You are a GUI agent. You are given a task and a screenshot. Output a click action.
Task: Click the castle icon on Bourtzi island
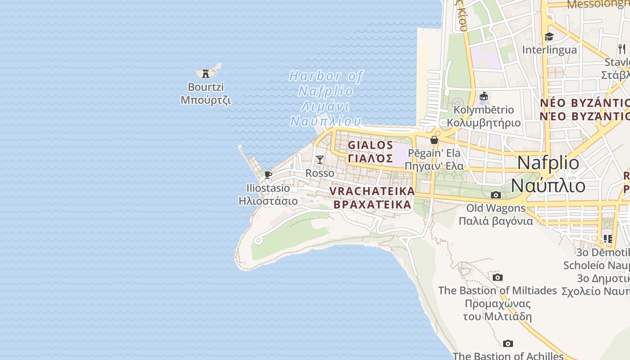click(x=206, y=73)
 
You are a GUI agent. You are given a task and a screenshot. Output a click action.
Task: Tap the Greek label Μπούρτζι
click(x=206, y=100)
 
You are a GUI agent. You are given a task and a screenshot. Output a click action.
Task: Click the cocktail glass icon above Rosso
click(x=319, y=159)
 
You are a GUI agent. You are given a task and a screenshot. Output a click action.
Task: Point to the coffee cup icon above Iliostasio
click(x=268, y=175)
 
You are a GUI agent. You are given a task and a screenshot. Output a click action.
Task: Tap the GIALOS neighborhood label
click(x=370, y=145)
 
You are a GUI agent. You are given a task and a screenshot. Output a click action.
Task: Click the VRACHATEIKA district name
click(x=372, y=191)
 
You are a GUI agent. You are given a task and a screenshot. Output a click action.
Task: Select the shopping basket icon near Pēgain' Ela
click(x=434, y=140)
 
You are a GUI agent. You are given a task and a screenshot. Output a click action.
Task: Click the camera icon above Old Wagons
click(x=496, y=195)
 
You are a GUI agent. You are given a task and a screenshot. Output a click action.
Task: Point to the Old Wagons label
click(x=496, y=208)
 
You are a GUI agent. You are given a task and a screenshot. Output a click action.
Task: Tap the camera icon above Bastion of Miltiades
click(x=497, y=277)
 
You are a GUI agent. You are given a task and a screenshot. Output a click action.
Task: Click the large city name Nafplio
click(x=548, y=162)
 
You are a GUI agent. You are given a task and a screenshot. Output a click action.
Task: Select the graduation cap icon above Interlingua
click(x=549, y=37)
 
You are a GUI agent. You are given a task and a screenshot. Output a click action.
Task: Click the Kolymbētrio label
click(x=484, y=110)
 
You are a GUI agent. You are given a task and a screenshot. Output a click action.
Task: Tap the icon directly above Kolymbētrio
click(x=484, y=96)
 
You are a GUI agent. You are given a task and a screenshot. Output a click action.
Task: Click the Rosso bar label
click(x=320, y=173)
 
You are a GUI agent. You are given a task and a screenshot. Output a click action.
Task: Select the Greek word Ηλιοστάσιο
click(x=268, y=201)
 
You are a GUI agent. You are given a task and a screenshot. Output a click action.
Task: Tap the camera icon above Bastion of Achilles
click(x=508, y=344)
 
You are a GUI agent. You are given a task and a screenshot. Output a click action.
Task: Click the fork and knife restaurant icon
click(x=622, y=49)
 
